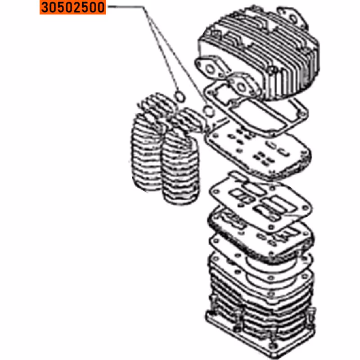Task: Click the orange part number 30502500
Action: pos(72,7)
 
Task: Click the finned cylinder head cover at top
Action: pos(260,53)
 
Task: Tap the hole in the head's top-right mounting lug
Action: pos(292,18)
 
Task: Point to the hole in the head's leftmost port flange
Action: pos(210,69)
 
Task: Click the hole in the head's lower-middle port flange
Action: pos(241,87)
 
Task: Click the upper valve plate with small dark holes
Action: pos(257,153)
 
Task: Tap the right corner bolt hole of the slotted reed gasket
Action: pos(305,208)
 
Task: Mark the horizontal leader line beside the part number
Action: pos(126,7)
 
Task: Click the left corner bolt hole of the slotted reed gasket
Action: pos(216,192)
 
